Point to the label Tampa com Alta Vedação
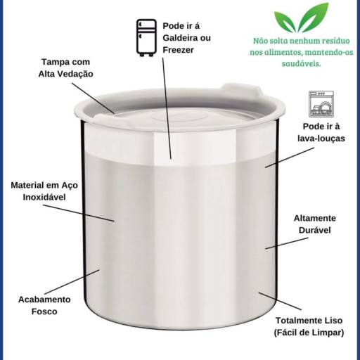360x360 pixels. click(66, 67)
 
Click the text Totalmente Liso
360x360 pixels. click(309, 321)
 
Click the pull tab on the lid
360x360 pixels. click(239, 90)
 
